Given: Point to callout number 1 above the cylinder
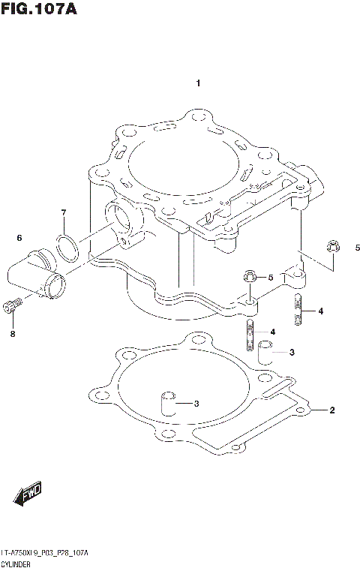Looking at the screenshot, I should pos(198,83).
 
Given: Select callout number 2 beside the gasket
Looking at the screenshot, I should pos(331,410).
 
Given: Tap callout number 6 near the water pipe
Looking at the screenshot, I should pos(19,238).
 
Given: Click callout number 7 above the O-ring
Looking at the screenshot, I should pos(64,212).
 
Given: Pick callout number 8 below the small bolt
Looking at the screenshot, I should pos(12,334).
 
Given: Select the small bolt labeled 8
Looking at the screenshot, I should pos(10,305).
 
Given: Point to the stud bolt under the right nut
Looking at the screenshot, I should pos(298,310).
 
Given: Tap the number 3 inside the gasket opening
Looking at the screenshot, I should pos(196,404).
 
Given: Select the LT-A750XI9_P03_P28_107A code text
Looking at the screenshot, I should pos(45,552).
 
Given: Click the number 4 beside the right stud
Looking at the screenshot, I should pos(320,311).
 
